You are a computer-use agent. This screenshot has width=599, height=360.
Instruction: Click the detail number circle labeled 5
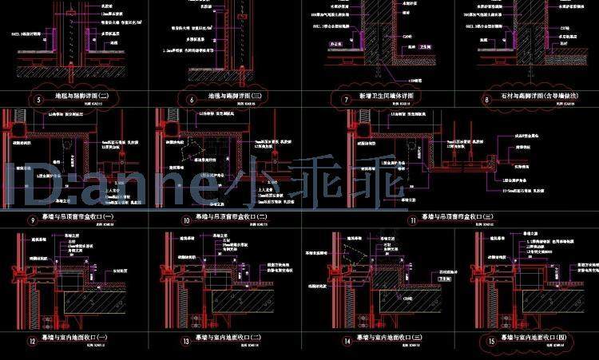(38, 101)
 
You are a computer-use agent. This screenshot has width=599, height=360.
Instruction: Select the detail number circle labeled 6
(192, 101)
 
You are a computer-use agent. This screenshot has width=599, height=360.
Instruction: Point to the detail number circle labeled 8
(486, 100)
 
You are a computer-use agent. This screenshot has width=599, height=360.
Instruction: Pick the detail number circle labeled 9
(32, 219)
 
